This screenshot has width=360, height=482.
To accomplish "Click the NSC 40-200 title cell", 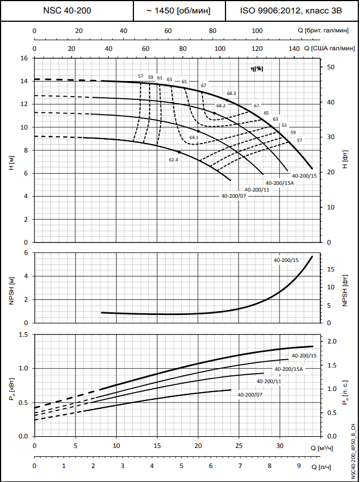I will [67, 11].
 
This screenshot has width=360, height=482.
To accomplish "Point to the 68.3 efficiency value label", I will [232, 93].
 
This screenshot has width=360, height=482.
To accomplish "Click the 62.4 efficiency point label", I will [173, 160].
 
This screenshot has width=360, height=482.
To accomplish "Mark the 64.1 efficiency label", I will [194, 137].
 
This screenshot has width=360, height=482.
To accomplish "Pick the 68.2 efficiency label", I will [221, 106].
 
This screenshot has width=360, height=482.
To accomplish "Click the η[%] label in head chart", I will [257, 68].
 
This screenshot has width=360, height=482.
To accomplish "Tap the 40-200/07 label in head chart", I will [234, 196].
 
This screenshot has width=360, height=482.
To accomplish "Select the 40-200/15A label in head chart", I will [280, 183].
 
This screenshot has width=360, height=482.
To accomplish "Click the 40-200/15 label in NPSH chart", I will [286, 260].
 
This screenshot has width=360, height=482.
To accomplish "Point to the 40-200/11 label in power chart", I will [268, 381].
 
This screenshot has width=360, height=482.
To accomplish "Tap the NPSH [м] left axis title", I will [11, 288].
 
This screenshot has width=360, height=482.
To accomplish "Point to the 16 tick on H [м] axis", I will [23, 58].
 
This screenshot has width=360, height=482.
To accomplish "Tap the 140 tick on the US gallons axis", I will [294, 49].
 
